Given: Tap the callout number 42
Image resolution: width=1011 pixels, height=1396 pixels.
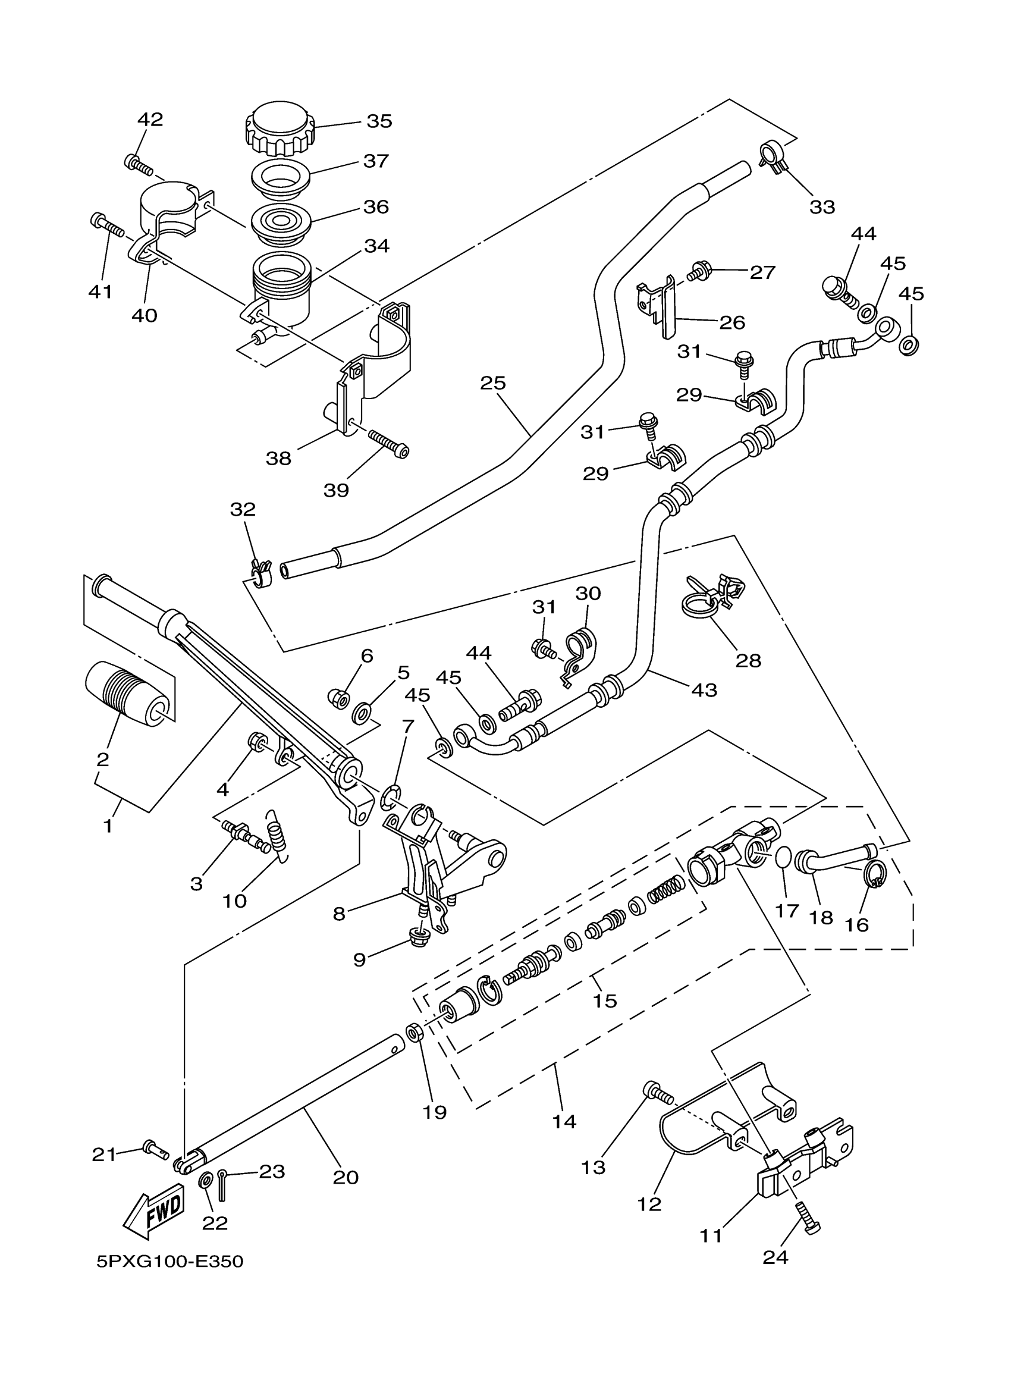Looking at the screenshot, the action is point(150,120).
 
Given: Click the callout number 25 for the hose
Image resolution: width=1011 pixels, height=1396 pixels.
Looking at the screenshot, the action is point(493,383).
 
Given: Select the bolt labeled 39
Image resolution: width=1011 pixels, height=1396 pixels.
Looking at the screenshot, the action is point(388,444).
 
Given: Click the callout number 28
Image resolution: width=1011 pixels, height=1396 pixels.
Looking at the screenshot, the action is point(748,660).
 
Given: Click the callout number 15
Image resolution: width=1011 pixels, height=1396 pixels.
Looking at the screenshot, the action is point(604,1001).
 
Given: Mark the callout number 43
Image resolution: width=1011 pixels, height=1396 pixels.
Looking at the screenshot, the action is point(704,690).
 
